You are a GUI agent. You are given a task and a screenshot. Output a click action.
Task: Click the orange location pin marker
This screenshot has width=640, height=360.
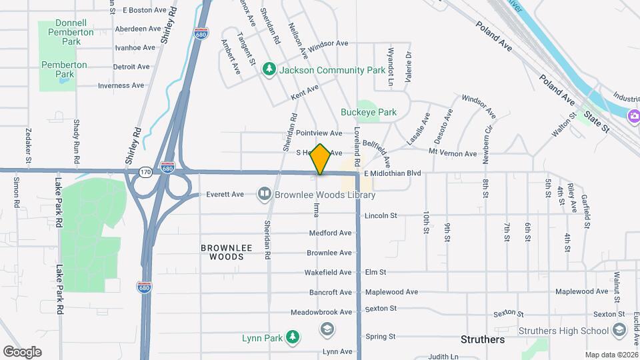[x=321, y=159]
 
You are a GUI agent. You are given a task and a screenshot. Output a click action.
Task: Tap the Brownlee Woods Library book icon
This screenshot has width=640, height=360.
[x=265, y=195]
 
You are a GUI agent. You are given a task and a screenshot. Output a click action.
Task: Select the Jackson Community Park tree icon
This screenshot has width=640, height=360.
[x=269, y=70]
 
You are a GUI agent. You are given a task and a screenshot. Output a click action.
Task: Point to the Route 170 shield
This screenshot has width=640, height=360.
[x=145, y=173]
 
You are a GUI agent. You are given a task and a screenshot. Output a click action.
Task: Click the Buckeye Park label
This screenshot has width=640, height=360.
[x=368, y=112]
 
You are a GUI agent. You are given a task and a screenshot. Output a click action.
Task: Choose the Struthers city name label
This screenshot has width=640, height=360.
[x=483, y=339]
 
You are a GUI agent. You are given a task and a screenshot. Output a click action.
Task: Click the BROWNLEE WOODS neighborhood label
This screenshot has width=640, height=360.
[x=227, y=251]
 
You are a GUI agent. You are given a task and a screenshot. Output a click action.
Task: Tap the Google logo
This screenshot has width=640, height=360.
[x=22, y=351]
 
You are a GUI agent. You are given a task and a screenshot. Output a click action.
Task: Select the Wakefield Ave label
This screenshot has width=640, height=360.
[x=327, y=273]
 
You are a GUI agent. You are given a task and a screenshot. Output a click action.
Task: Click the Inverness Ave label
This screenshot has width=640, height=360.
[x=121, y=85]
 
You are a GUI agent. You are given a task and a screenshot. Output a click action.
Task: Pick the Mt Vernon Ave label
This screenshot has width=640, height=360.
[x=453, y=153]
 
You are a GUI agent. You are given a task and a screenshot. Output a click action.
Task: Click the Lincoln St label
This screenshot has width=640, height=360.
[x=381, y=215]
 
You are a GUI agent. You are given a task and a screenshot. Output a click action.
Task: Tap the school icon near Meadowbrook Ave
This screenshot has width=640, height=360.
[x=327, y=329]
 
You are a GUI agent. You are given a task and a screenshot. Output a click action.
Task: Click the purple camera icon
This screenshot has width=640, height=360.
[x=633, y=117]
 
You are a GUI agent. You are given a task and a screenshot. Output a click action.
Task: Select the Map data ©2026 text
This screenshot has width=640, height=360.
[x=611, y=355]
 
